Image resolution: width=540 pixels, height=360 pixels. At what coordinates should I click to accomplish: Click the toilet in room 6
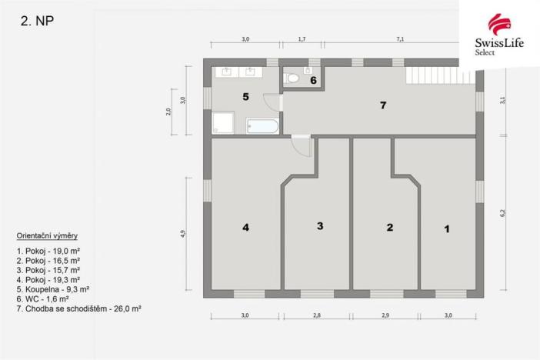tap(292, 78)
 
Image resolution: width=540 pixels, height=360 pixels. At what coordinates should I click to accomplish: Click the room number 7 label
tap(382, 105)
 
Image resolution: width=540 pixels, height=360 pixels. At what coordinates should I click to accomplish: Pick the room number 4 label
tap(245, 227)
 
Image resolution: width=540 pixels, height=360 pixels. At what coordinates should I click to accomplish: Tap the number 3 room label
tap(319, 225)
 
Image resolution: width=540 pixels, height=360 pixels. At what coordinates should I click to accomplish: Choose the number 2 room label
tap(389, 227)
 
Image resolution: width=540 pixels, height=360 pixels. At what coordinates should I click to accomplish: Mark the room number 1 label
tap(446, 228)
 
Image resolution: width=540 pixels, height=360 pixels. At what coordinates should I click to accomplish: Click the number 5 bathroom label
tap(245, 97)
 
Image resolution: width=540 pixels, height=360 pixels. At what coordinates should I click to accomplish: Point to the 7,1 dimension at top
tap(400, 38)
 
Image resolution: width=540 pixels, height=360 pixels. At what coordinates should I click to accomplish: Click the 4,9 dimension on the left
tap(182, 234)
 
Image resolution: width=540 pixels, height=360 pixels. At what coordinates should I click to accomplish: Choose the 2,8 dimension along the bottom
tap(318, 315)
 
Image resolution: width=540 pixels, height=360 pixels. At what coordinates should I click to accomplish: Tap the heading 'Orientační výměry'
tap(46, 235)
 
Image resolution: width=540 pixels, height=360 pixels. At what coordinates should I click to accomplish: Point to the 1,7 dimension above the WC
tap(302, 38)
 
